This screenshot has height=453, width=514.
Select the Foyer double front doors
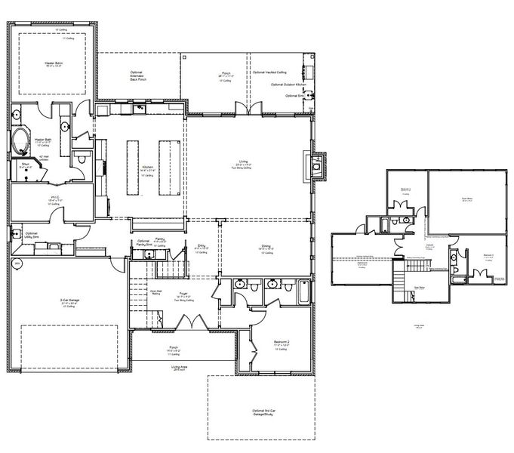[192, 321]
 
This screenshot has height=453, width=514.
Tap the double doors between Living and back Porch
[249, 107]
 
